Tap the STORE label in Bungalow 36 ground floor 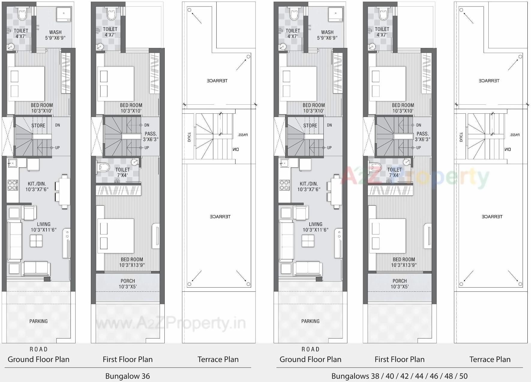pos(38,126)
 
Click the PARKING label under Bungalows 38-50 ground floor pos(310,321)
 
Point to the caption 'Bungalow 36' pos(127,376)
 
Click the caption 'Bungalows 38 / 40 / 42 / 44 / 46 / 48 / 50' pos(399,376)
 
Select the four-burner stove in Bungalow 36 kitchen pos(13,185)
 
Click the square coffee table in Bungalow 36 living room pos(36,241)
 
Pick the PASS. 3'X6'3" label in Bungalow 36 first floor pos(151,136)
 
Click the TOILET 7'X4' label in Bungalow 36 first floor pos(122,172)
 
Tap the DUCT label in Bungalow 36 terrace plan pos(189,137)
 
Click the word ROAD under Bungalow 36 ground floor pos(38,349)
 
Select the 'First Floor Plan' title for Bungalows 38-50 pos(399,359)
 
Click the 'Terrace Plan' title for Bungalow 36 pos(218,359)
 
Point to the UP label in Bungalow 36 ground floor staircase pos(57,148)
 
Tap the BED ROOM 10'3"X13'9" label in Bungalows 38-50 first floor pos(404,262)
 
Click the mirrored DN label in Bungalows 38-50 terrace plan pos(507,149)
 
